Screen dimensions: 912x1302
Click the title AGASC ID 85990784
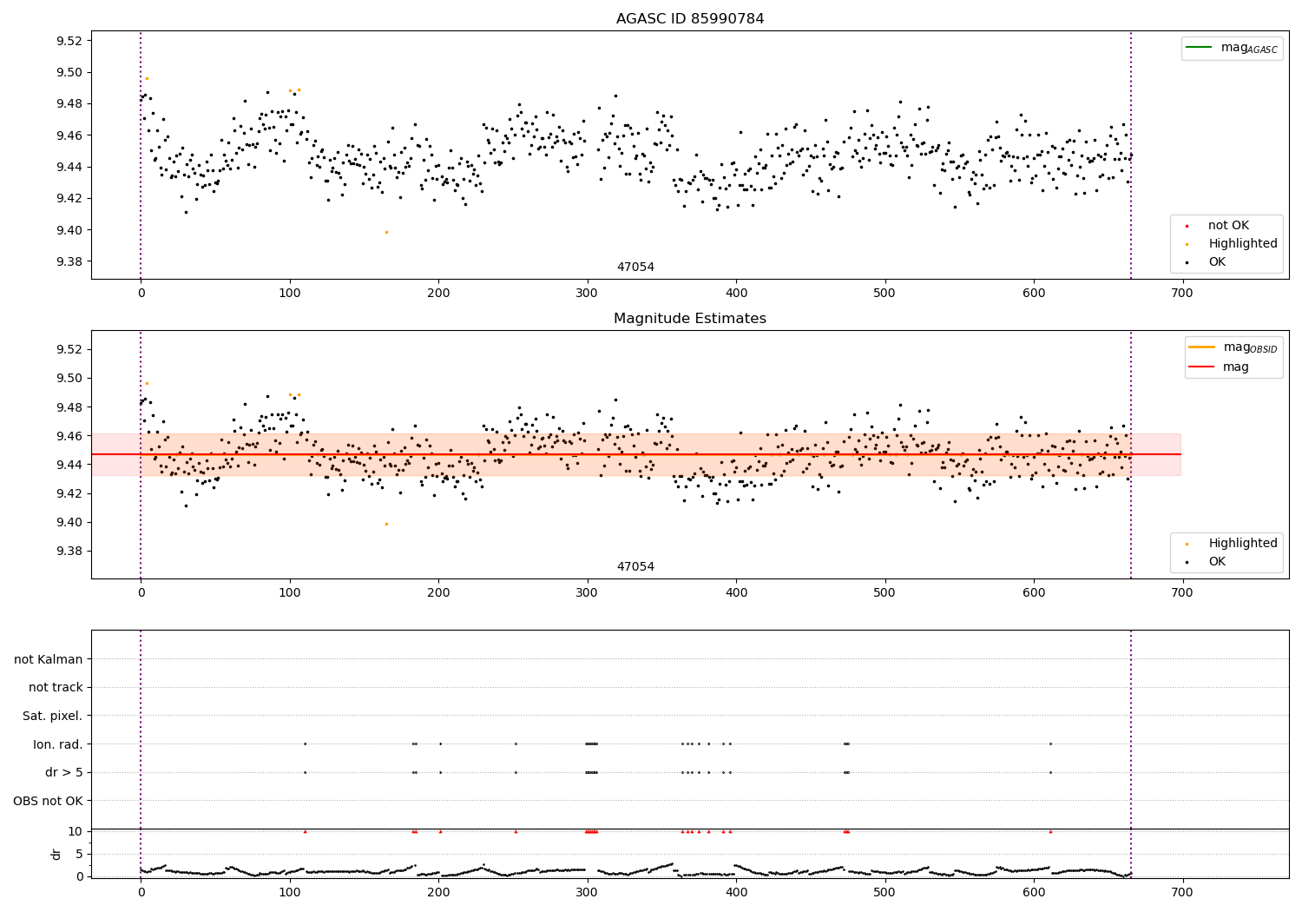pyautogui.click(x=689, y=19)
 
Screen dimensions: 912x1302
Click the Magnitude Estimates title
pyautogui.click(x=689, y=319)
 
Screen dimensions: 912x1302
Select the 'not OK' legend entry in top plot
pyautogui.click(x=1227, y=226)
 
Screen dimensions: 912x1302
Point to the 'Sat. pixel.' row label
pyautogui.click(x=52, y=716)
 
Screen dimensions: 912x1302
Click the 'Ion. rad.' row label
pyautogui.click(x=57, y=744)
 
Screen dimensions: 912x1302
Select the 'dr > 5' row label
pyautogui.click(x=63, y=772)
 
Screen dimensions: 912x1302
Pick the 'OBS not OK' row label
pyautogui.click(x=48, y=801)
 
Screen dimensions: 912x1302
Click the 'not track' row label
pyautogui.click(x=56, y=687)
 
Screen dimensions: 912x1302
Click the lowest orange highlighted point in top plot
pyautogui.click(x=386, y=232)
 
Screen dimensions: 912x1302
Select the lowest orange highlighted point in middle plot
pyautogui.click(x=386, y=524)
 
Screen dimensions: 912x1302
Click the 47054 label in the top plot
pyautogui.click(x=635, y=268)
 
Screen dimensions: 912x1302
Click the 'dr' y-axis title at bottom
pyautogui.click(x=56, y=854)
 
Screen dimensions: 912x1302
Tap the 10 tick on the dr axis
pyautogui.click(x=75, y=831)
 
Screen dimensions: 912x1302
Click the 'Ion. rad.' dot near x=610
pyautogui.click(x=1050, y=743)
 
